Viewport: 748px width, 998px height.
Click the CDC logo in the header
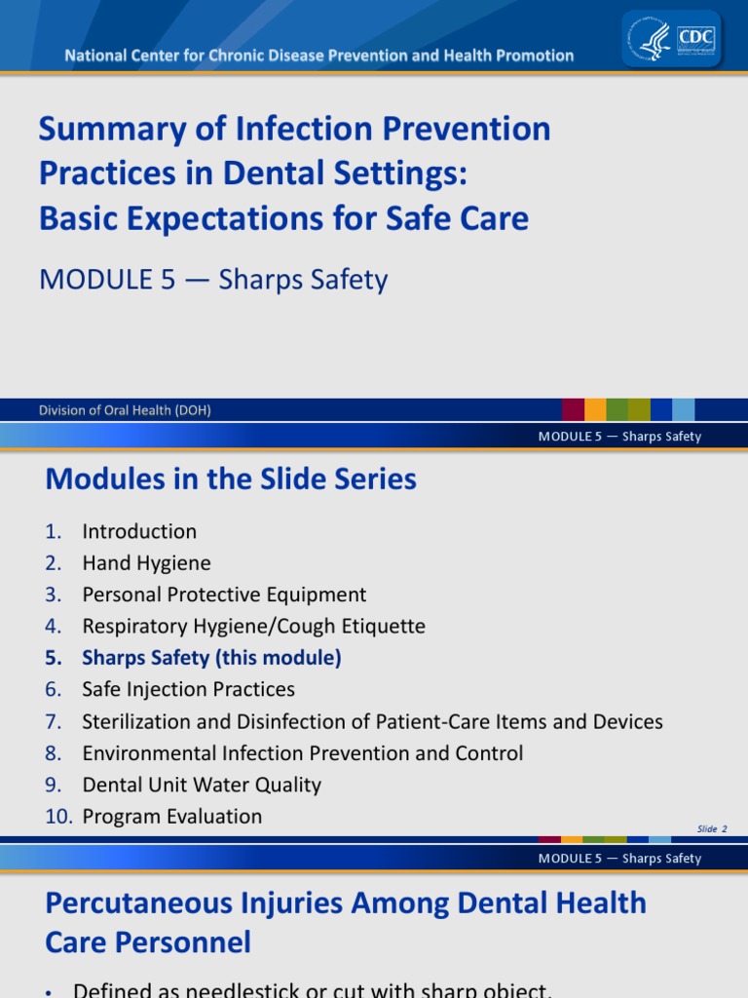[696, 39]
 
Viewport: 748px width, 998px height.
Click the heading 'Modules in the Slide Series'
[231, 480]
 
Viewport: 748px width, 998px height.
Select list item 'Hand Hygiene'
[146, 563]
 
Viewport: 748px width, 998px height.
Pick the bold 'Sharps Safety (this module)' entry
[211, 658]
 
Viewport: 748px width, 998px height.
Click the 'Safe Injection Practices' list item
[188, 690]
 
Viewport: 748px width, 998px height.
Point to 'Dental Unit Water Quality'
[202, 785]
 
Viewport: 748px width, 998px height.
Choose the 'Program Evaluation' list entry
[172, 817]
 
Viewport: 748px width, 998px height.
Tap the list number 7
[54, 722]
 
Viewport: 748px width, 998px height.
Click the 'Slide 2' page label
[712, 829]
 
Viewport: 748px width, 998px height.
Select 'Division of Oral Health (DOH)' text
[125, 410]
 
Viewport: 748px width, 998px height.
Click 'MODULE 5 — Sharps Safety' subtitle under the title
[213, 280]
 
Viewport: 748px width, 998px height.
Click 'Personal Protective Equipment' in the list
[224, 595]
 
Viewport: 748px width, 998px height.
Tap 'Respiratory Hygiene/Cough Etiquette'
[253, 627]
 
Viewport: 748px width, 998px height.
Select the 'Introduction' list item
[139, 532]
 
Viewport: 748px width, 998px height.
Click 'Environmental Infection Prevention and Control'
[302, 753]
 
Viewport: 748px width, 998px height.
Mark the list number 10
[58, 817]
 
